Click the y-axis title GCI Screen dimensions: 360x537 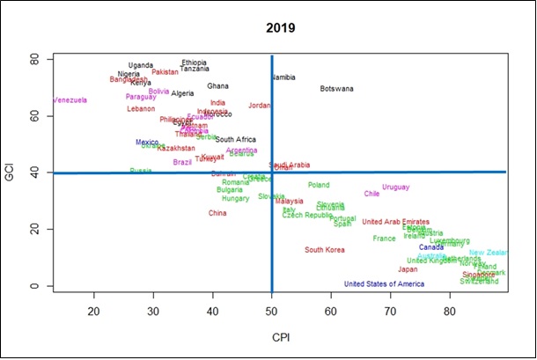(x=12, y=173)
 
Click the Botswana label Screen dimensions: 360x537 (x=337, y=89)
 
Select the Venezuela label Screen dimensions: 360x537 (x=70, y=100)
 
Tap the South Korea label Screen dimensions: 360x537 (x=325, y=250)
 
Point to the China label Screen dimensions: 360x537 (x=217, y=213)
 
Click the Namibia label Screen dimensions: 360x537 (x=283, y=77)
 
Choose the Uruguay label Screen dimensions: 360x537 (x=396, y=187)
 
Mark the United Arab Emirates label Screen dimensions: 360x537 (x=395, y=222)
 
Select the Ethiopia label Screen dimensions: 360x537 (x=194, y=62)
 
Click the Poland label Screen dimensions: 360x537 (x=319, y=185)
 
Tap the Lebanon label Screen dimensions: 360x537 (x=141, y=109)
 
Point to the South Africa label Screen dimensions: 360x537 (x=236, y=140)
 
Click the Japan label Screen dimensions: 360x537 (x=408, y=270)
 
